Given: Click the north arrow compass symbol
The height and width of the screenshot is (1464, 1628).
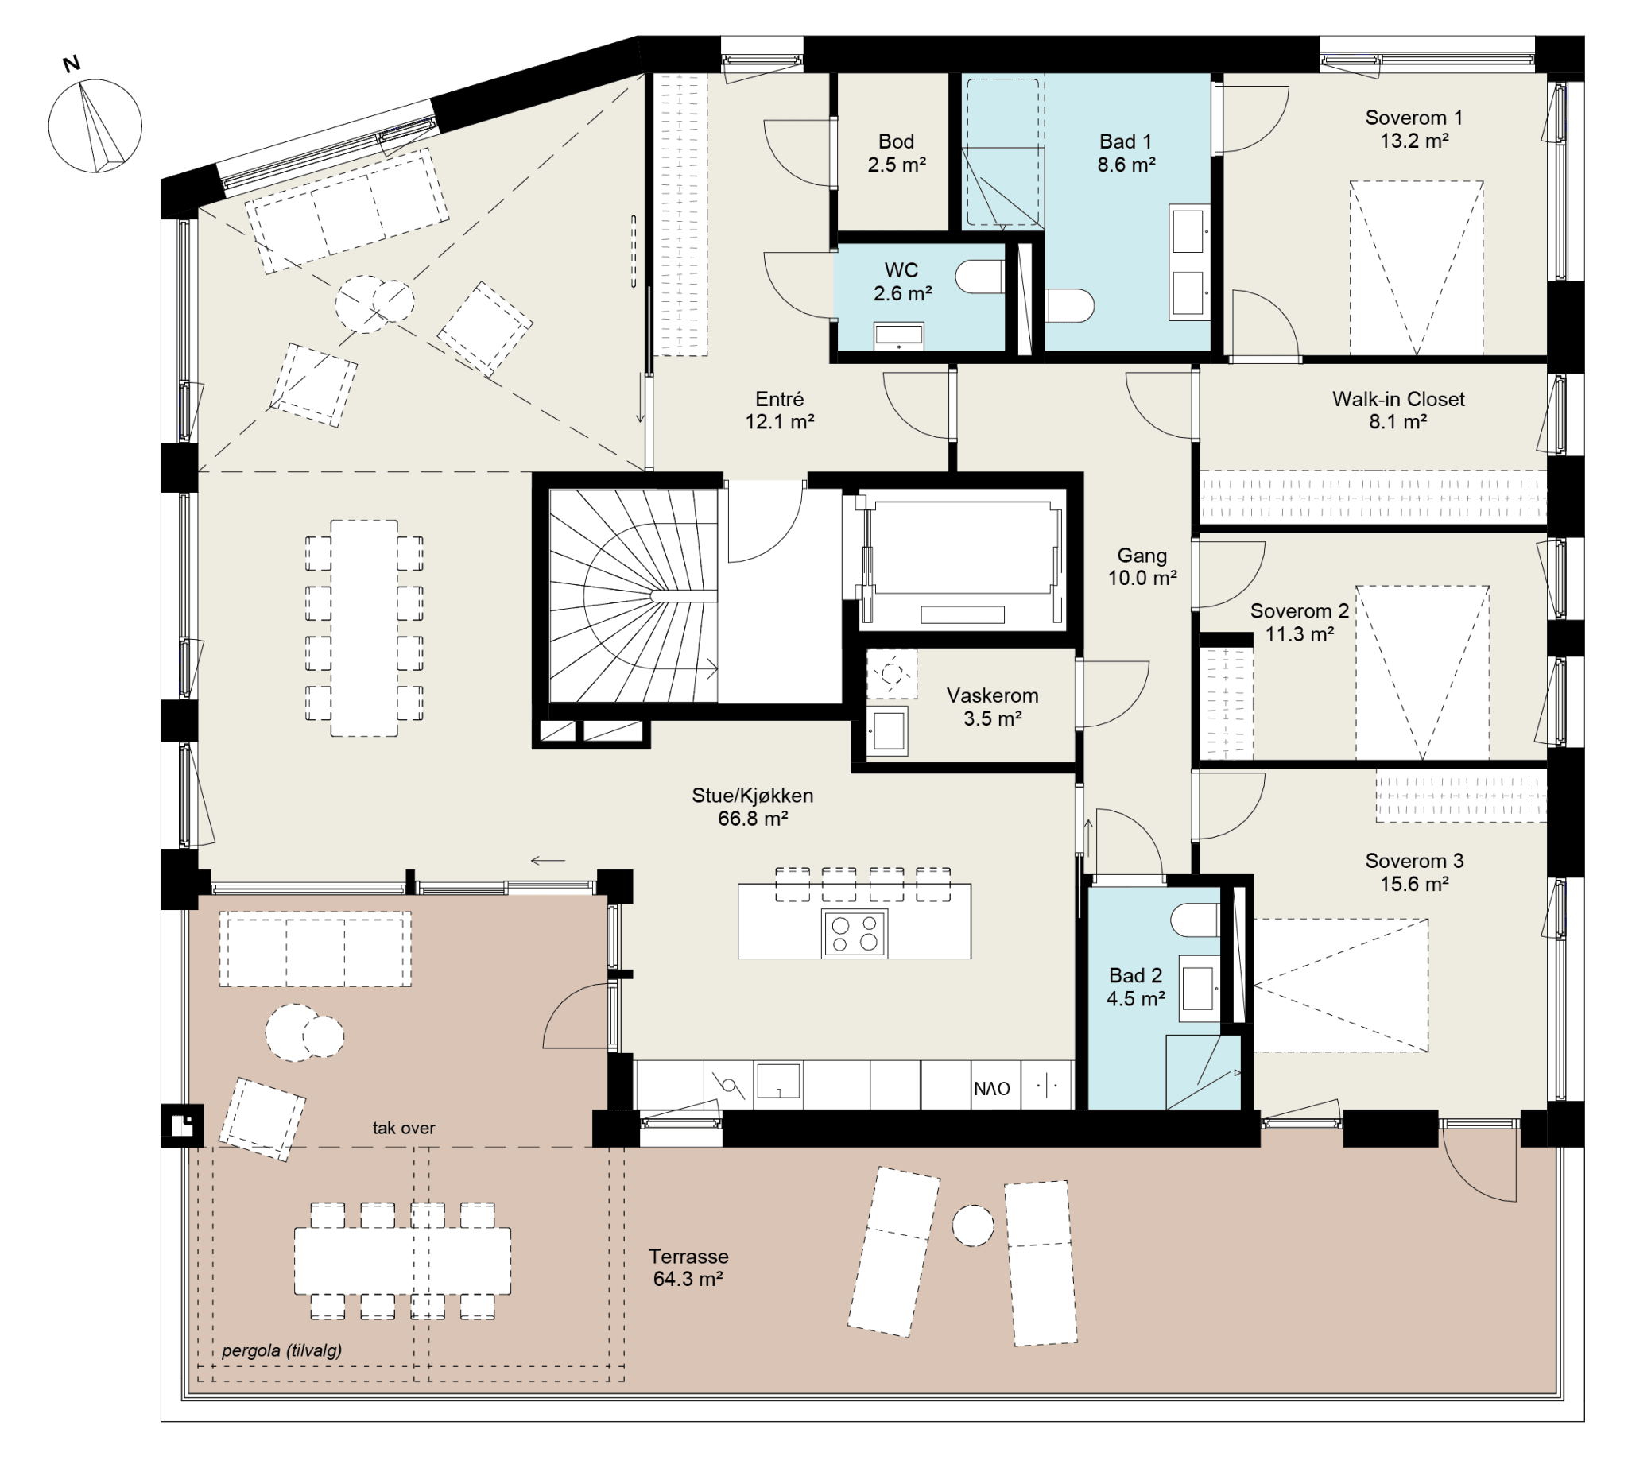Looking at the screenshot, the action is pyautogui.click(x=95, y=125).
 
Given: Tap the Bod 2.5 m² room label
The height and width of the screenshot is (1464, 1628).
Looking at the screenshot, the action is pyautogui.click(x=896, y=153).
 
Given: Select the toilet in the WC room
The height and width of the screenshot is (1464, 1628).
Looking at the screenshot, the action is pyautogui.click(x=979, y=277).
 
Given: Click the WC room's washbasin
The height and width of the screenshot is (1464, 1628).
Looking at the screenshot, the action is pyautogui.click(x=898, y=335).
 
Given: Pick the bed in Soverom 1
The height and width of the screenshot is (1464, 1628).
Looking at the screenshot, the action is pyautogui.click(x=1417, y=268).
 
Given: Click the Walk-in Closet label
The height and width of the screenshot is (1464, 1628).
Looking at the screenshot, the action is pyautogui.click(x=1398, y=399).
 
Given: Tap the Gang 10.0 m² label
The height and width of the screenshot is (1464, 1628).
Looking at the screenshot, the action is pyautogui.click(x=1142, y=567).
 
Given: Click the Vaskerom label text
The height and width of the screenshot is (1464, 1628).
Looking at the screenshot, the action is pyautogui.click(x=992, y=695).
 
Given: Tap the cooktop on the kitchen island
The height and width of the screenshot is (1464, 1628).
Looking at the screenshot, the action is pyautogui.click(x=855, y=933).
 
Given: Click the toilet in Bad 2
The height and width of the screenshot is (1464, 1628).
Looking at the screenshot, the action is pyautogui.click(x=1196, y=920).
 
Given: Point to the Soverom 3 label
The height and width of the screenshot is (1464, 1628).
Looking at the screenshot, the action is pyautogui.click(x=1414, y=861).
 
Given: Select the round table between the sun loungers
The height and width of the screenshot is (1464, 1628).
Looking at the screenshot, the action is pyautogui.click(x=972, y=1226).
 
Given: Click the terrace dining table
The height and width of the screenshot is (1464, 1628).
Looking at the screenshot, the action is pyautogui.click(x=402, y=1260).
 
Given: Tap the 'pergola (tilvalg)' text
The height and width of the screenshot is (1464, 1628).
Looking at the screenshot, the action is pyautogui.click(x=281, y=1350).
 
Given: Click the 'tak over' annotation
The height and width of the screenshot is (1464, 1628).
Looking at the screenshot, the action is pyautogui.click(x=404, y=1128).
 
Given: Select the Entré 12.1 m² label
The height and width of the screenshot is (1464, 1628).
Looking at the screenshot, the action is pyautogui.click(x=779, y=410).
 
